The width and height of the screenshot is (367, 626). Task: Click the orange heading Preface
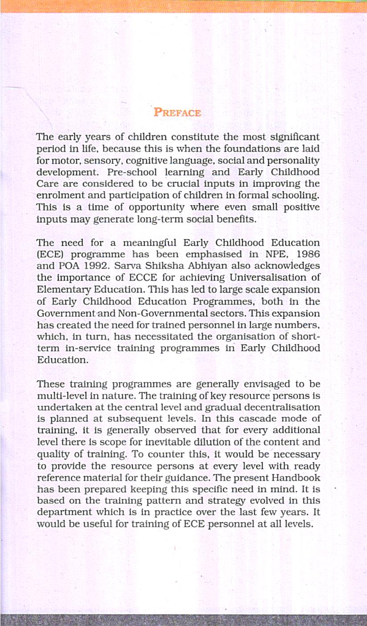[177, 112]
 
